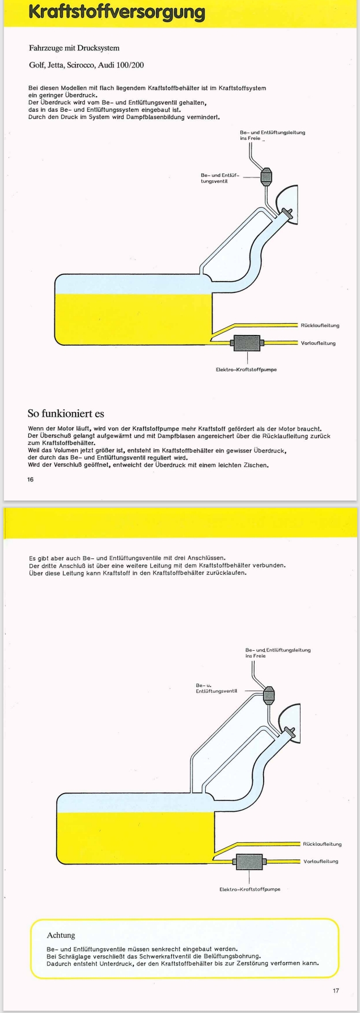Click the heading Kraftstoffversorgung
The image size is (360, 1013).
click(117, 12)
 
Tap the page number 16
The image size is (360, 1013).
click(30, 479)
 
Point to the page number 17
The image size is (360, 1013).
click(336, 990)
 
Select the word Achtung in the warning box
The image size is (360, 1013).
click(61, 935)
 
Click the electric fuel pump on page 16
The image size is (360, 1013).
click(247, 343)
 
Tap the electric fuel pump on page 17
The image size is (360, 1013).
click(249, 861)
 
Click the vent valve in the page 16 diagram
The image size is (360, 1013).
click(267, 176)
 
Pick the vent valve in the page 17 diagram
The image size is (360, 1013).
click(269, 693)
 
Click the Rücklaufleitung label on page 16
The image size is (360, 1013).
click(320, 325)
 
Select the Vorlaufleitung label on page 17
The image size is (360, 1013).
click(321, 861)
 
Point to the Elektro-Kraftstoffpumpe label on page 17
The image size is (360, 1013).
click(249, 889)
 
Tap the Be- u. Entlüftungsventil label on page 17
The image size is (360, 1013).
click(215, 688)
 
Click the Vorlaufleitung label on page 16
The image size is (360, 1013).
click(319, 343)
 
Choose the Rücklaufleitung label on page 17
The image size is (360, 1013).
click(323, 844)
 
